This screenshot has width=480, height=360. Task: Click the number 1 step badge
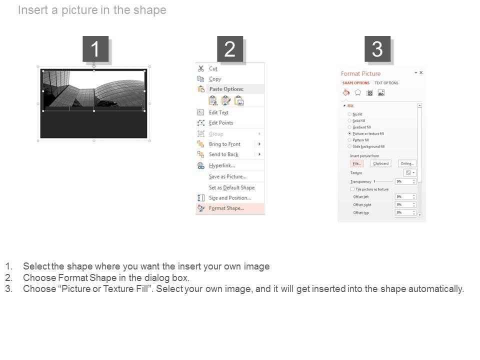pos(95,49)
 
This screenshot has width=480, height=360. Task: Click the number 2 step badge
pos(230,49)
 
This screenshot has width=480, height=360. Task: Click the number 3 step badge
pos(377,49)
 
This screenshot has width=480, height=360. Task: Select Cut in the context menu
pos(213,68)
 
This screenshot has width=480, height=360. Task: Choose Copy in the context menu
pos(215,79)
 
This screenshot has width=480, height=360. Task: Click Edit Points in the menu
pos(220,123)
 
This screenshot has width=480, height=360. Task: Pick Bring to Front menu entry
pos(224,144)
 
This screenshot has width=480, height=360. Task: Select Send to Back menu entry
pos(223,154)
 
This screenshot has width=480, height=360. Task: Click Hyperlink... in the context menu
pos(221,165)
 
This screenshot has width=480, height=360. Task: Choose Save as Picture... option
pos(227,176)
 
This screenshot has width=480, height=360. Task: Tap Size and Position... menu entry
pos(229,198)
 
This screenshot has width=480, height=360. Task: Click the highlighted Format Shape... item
pos(226,208)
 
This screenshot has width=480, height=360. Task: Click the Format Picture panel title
pos(360,73)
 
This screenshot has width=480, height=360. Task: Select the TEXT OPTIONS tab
pos(386,83)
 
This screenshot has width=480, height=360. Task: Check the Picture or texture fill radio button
pos(349,134)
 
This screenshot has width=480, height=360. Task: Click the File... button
pos(356,163)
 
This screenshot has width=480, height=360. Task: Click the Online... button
pos(407,163)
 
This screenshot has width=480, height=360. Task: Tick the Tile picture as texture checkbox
pos(352,189)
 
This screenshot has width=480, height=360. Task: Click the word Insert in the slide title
pos(33,10)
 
